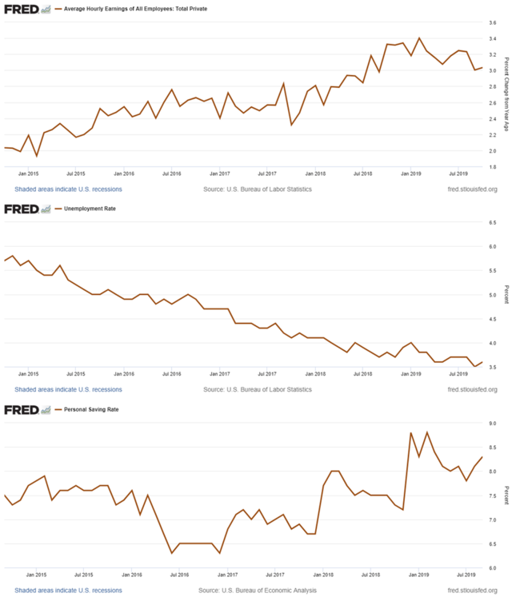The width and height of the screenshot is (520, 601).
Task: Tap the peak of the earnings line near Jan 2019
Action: [x=419, y=38]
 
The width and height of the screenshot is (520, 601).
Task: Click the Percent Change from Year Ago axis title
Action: [x=506, y=94]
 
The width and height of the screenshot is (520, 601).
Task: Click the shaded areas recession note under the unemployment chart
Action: [x=68, y=389]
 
